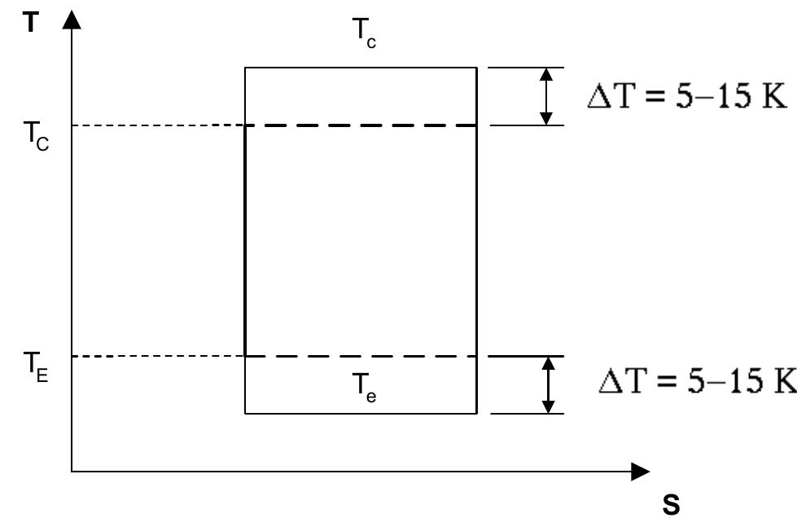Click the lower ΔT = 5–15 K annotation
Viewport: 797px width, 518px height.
click(691, 382)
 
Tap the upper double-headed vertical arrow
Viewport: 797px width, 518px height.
click(548, 96)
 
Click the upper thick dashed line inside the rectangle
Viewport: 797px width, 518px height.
click(361, 125)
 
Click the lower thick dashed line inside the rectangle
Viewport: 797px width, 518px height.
click(361, 356)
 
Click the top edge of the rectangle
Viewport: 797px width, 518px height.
click(361, 68)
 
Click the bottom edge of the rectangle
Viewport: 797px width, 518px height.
click(361, 414)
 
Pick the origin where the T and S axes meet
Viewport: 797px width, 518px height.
click(73, 472)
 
